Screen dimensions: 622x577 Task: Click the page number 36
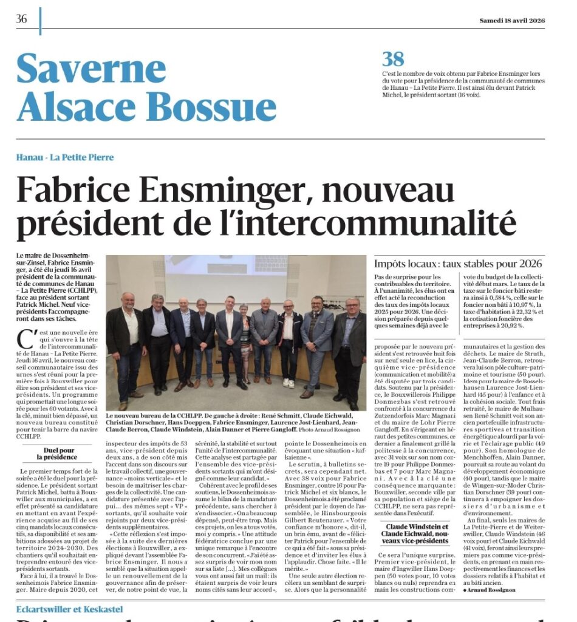pos(22,19)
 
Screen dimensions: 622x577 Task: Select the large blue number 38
pos(393,59)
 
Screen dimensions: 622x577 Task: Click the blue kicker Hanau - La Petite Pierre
pos(65,157)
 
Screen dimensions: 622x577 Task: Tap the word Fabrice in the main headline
pos(87,190)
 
